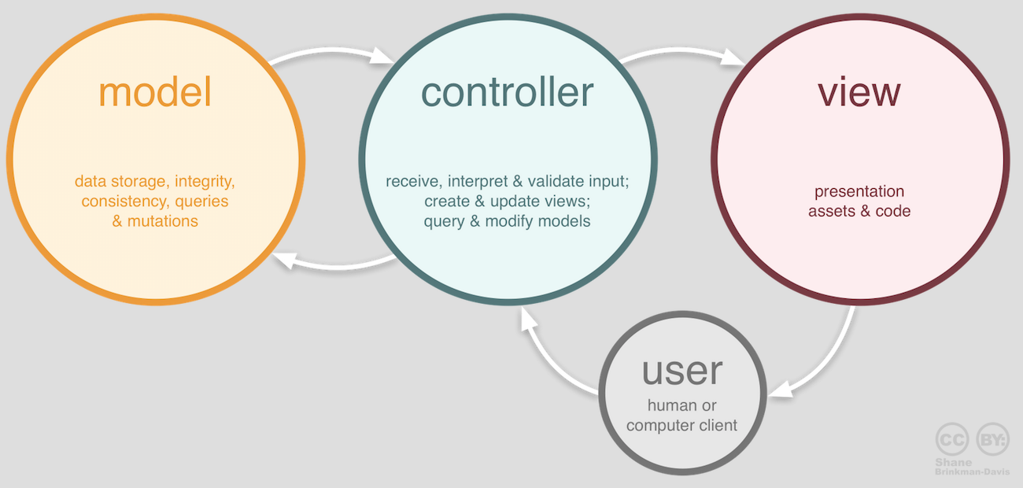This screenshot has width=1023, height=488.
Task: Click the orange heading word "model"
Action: (x=155, y=94)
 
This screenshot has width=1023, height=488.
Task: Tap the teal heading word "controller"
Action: (x=507, y=92)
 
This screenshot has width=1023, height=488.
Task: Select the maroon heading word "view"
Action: (x=859, y=92)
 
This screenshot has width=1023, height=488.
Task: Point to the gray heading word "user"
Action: (x=681, y=371)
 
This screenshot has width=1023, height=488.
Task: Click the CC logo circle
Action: (x=952, y=438)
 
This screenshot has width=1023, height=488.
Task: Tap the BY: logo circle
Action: (x=992, y=438)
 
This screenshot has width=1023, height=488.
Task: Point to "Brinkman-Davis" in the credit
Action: (x=972, y=471)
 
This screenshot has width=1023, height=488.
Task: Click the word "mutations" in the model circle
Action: (x=163, y=221)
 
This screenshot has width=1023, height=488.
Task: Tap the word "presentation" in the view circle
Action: (x=859, y=191)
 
